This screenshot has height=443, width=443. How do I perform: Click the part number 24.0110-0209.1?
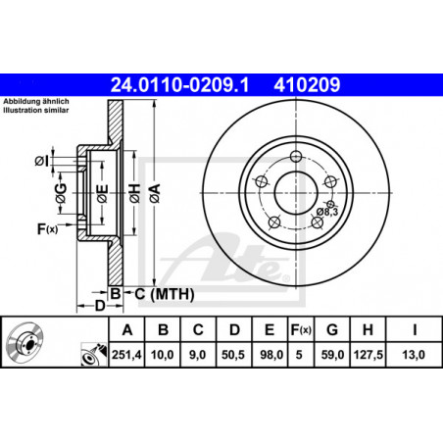pos(179,85)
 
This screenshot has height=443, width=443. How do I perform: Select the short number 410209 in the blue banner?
pos(307,85)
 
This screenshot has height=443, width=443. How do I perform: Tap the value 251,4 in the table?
pos(126,355)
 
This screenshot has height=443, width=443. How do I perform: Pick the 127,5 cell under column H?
pos(368,355)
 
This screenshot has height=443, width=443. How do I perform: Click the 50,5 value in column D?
pos(233,355)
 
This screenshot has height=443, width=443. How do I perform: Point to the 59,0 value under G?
pos(332,355)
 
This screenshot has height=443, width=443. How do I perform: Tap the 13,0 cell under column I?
pos(414,355)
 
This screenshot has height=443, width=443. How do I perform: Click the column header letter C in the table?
pos(198,330)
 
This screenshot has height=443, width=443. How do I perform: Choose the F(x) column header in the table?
pos(301,330)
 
